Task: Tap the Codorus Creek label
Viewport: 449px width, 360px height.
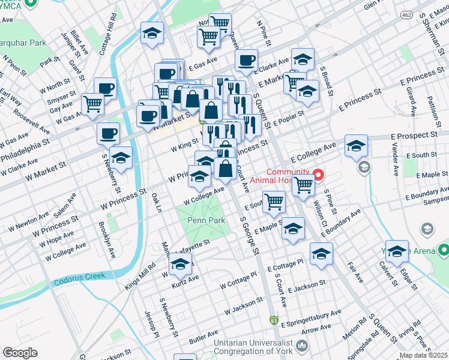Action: [x=79, y=276]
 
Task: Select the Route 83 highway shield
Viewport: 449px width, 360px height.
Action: [x=274, y=321]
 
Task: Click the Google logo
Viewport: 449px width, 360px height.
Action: [x=20, y=353]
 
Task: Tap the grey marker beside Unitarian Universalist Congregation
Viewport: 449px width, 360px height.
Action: [x=301, y=346]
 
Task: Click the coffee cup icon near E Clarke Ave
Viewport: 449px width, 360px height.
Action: [x=246, y=60]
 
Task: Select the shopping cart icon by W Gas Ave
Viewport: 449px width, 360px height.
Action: [x=93, y=104]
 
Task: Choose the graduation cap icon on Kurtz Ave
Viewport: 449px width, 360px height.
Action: [x=180, y=263]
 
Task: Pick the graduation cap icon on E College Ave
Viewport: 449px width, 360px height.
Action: [x=356, y=146]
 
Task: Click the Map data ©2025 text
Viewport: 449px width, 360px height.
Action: [x=424, y=355]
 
